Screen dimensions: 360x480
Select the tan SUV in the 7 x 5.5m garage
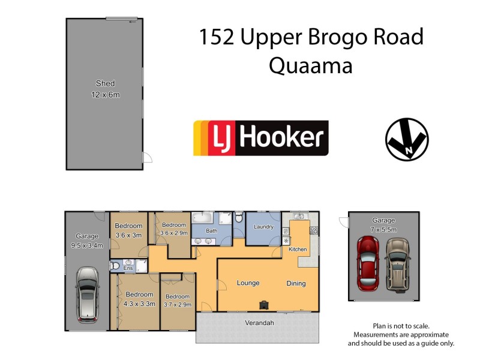(x=397, y=263)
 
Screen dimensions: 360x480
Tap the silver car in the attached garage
(x=88, y=293)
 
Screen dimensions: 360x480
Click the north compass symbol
(x=406, y=139)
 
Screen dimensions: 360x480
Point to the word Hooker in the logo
(x=281, y=138)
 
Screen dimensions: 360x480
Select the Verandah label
(x=259, y=323)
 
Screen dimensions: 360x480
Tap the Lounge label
(x=247, y=283)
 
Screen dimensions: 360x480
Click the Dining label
(x=296, y=283)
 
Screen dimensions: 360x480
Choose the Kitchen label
(x=298, y=249)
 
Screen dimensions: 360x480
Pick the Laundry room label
(x=263, y=227)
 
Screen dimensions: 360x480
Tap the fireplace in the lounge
(x=263, y=304)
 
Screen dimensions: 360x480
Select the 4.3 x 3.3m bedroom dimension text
(x=139, y=304)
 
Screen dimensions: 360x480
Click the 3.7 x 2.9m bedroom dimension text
(x=178, y=304)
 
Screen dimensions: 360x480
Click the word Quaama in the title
(x=310, y=65)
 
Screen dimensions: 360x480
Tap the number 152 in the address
(x=217, y=37)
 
